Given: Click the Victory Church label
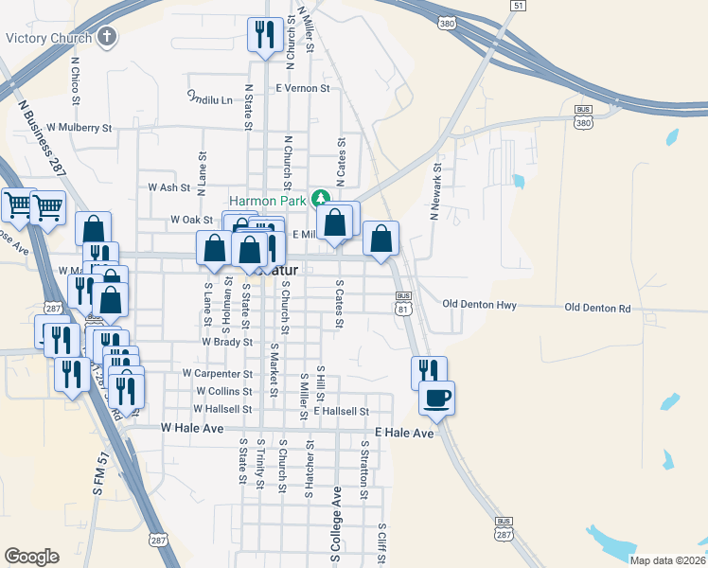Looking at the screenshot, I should click(x=48, y=39).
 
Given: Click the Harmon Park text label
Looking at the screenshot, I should click(x=273, y=201).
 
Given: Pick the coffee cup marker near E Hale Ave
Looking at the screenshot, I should click(x=436, y=398).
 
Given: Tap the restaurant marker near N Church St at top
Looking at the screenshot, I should click(x=263, y=35).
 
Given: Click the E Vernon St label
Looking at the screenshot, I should click(x=302, y=88).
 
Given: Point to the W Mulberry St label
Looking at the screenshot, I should click(x=79, y=127).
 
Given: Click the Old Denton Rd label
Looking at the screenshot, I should click(x=597, y=309).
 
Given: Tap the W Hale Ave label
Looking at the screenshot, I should click(x=192, y=429).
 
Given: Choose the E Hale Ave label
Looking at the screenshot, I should click(x=404, y=433).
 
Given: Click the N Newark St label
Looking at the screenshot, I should click(x=436, y=189).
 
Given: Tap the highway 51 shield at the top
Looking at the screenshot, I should click(x=517, y=6).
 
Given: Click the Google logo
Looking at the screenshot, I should click(x=31, y=557).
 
